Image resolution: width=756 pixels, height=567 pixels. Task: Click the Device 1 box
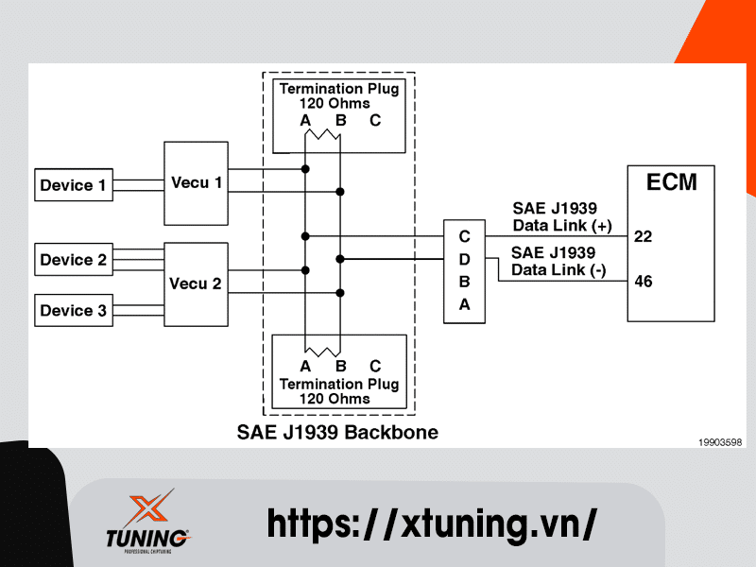point(74,185)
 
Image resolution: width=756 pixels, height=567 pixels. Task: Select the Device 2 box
point(74,260)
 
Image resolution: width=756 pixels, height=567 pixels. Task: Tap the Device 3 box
point(74,310)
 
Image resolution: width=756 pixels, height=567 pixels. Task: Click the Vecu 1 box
point(197,183)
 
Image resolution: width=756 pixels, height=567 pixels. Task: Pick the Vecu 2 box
point(196,283)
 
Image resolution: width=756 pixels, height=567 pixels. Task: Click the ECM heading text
point(671,182)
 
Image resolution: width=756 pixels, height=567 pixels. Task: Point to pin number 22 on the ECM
point(644,236)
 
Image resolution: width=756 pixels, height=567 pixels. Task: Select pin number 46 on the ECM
point(644,282)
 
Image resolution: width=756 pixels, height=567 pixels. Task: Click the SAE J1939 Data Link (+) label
point(562,217)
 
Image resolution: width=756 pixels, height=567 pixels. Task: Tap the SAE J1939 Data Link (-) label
point(558,262)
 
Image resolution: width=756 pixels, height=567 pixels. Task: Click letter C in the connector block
point(464,235)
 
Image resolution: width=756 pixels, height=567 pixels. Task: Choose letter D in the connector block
point(464,258)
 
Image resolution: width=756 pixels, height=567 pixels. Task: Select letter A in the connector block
point(464,304)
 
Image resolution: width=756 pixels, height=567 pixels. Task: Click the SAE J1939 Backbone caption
point(337,433)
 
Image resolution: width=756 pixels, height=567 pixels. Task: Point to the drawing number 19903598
point(720,441)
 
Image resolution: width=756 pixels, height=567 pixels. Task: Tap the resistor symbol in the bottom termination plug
point(322,350)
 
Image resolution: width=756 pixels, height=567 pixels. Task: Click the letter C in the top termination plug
point(375,121)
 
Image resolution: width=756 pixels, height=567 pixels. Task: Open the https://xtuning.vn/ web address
point(432,523)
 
